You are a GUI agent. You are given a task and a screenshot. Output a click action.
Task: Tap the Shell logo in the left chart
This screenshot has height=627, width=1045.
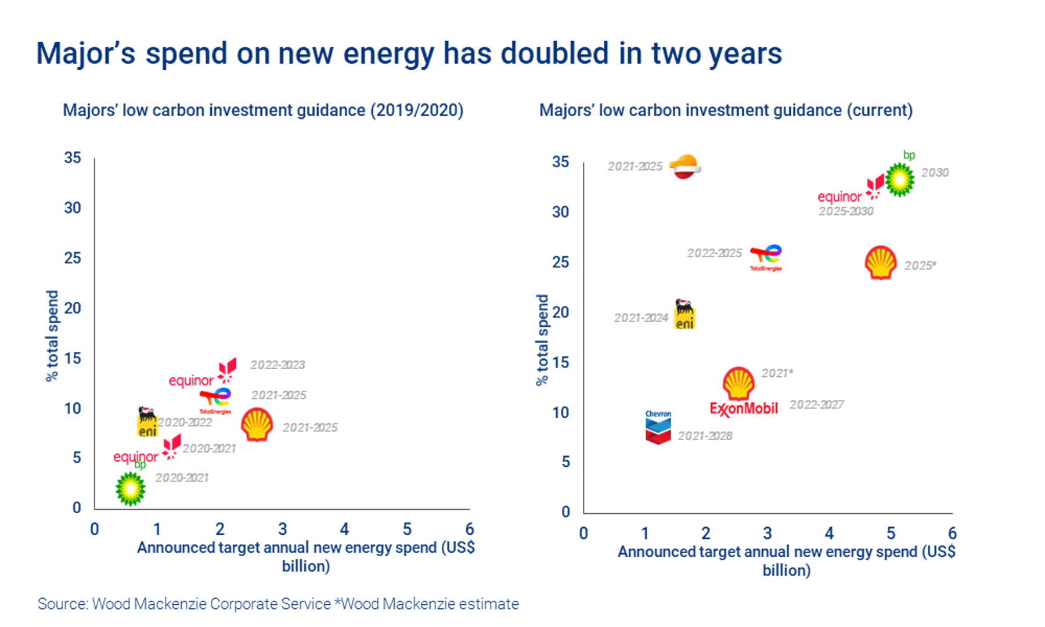tap(257, 424)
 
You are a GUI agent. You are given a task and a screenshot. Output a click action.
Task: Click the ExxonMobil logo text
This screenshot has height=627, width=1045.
tap(744, 409)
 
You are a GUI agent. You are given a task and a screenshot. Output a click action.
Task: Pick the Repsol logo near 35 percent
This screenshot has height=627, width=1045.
tap(685, 167)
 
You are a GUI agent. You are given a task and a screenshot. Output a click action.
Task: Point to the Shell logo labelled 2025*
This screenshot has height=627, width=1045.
tap(881, 263)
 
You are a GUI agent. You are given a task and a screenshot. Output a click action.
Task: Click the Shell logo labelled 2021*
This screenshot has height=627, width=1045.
tap(738, 383)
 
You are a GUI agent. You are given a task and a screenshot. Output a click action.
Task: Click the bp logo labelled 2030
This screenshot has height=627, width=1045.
tap(899, 179)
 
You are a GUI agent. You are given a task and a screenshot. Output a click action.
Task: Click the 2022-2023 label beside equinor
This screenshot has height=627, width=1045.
tap(278, 365)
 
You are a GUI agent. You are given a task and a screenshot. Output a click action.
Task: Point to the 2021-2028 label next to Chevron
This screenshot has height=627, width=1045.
tap(705, 436)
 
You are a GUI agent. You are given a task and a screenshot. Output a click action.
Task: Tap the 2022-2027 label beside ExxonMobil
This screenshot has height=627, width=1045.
tap(816, 405)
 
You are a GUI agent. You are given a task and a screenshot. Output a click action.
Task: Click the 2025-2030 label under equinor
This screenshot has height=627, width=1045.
tap(846, 211)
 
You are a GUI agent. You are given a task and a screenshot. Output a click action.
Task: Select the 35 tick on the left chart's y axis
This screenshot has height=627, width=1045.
tap(73, 158)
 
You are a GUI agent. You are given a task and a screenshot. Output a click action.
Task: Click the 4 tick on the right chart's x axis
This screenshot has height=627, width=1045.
tap(829, 533)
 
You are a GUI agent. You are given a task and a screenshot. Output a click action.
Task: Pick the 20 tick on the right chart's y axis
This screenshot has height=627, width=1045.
tap(560, 312)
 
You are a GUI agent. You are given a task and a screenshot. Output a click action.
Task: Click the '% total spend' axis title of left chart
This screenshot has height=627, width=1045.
tap(52, 336)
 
